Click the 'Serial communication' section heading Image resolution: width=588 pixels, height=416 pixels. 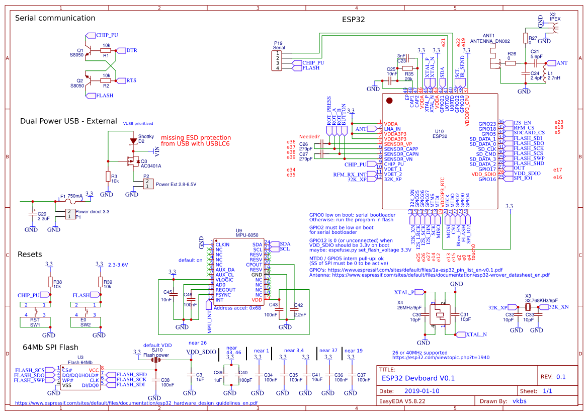click(55, 18)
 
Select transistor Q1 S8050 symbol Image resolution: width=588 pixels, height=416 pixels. click(89, 51)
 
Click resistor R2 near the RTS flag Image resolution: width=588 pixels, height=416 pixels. click(106, 80)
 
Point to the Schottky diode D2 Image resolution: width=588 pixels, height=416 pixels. click(133, 142)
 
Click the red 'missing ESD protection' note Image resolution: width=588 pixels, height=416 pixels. click(195, 141)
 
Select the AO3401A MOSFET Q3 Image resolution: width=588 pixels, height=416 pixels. click(132, 161)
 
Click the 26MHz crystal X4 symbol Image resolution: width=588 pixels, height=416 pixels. click(440, 314)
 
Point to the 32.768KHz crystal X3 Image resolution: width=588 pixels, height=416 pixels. click(528, 307)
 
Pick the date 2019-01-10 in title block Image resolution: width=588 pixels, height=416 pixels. click(422, 391)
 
